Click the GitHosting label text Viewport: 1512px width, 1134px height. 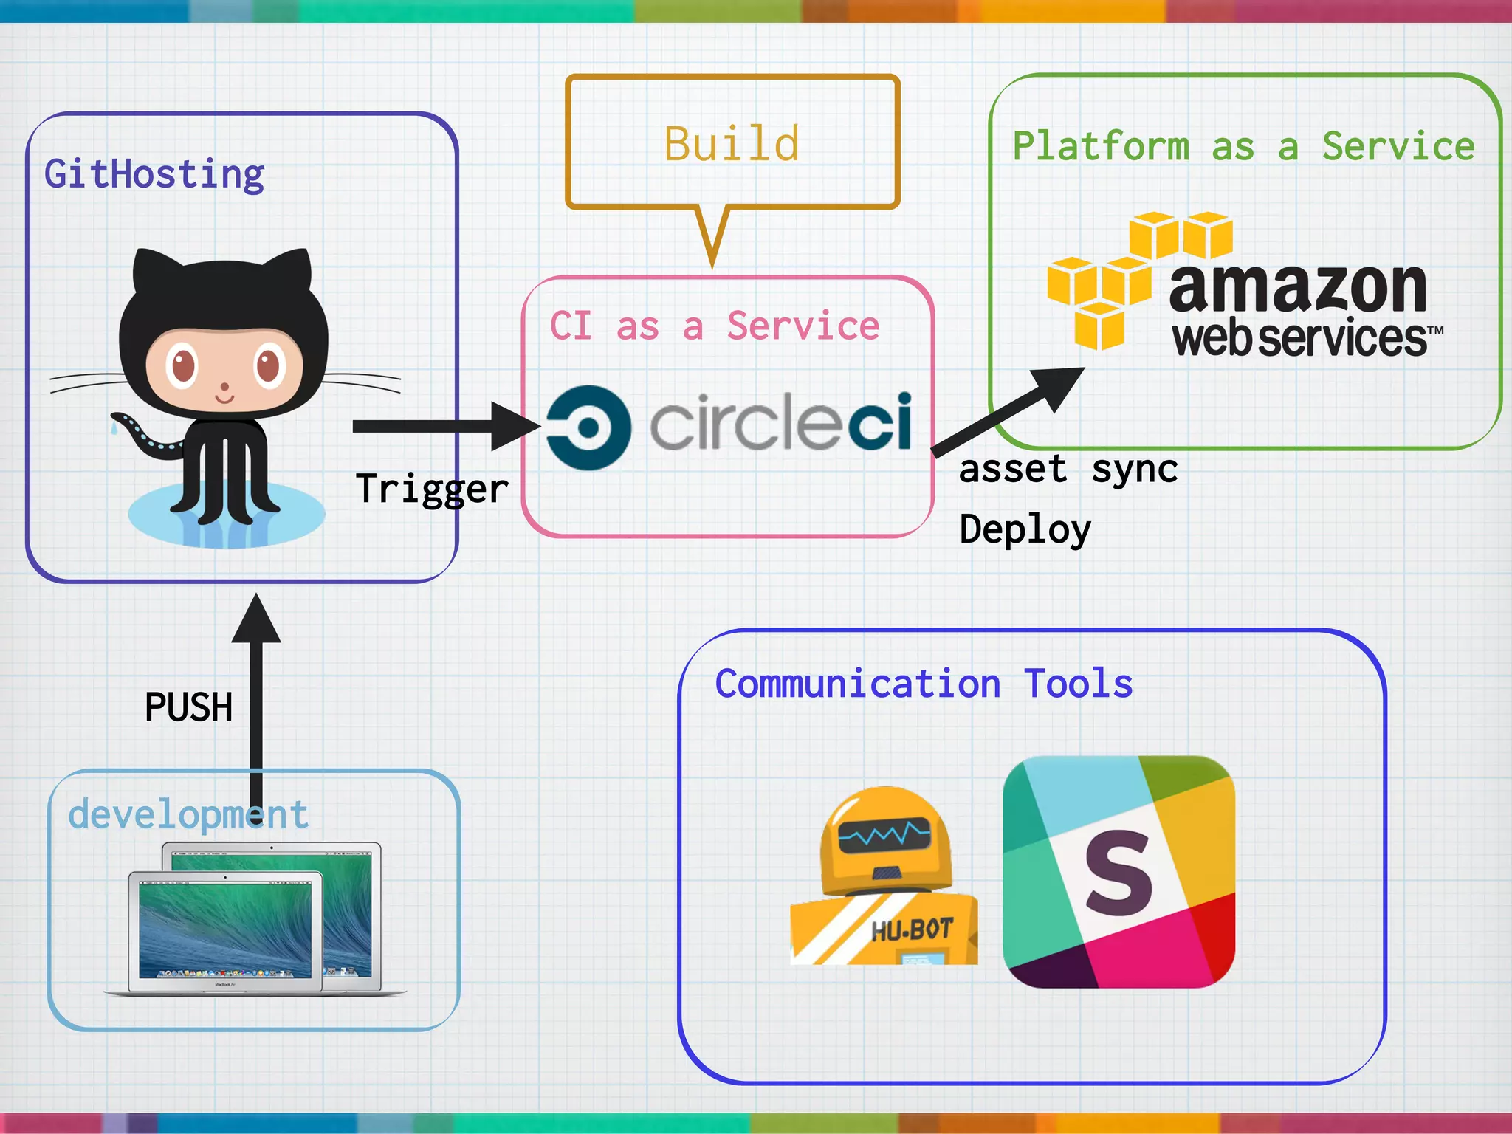pos(154,175)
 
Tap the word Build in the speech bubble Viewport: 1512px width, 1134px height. pos(731,143)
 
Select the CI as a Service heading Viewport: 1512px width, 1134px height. pos(714,326)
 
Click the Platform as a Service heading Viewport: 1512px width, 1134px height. pos(1243,146)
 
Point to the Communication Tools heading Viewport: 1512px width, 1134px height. pos(924,683)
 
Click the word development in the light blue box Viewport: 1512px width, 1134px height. pos(188,814)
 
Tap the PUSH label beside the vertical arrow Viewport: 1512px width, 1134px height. pos(188,707)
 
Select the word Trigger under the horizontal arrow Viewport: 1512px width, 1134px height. pos(432,489)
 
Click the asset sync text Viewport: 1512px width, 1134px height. pos(1068,469)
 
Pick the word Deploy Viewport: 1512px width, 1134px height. pos(1025,529)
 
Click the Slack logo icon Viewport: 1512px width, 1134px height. pos(1118,871)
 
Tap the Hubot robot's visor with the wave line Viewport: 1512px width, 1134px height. pos(884,836)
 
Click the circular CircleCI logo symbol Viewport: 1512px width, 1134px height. pos(588,427)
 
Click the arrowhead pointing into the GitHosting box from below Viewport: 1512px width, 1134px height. pos(256,619)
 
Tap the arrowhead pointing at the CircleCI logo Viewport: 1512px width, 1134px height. pos(515,426)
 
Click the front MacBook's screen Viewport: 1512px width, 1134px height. pos(225,931)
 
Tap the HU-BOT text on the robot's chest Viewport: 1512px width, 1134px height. pos(912,930)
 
